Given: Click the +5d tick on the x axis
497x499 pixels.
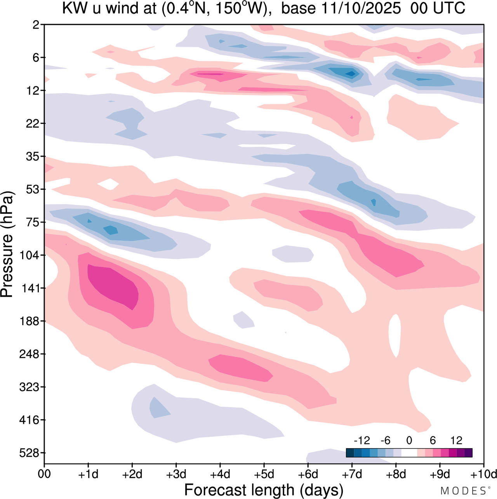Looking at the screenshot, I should click(264, 474).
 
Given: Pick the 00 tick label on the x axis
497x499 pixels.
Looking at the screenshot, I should click(45, 474).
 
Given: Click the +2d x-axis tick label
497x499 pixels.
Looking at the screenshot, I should click(132, 474).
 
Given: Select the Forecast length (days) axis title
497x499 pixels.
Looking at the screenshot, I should click(264, 490).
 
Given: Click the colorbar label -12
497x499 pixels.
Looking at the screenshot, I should click(361, 440).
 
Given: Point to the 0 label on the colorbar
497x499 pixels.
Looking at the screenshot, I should click(409, 440).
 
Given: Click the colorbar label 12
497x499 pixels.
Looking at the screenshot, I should click(456, 440).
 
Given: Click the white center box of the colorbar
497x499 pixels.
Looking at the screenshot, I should click(409, 452).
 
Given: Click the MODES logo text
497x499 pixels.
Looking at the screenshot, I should click(462, 491).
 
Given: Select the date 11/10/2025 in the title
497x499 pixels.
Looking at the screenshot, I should click(361, 9).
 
